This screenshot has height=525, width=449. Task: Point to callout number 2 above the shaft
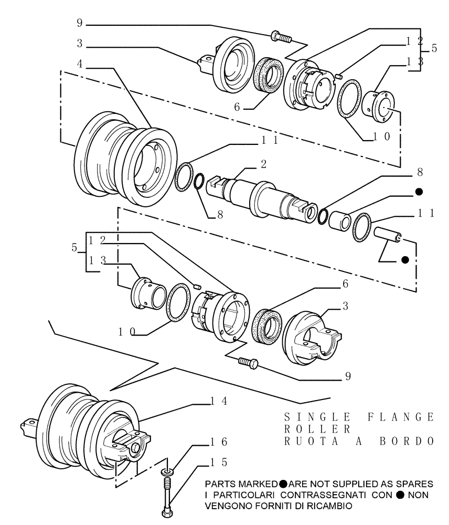point(263,165)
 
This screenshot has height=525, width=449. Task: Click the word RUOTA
point(308,441)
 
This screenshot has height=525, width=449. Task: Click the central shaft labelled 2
point(262,197)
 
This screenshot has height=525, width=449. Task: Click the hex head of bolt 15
point(167,510)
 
